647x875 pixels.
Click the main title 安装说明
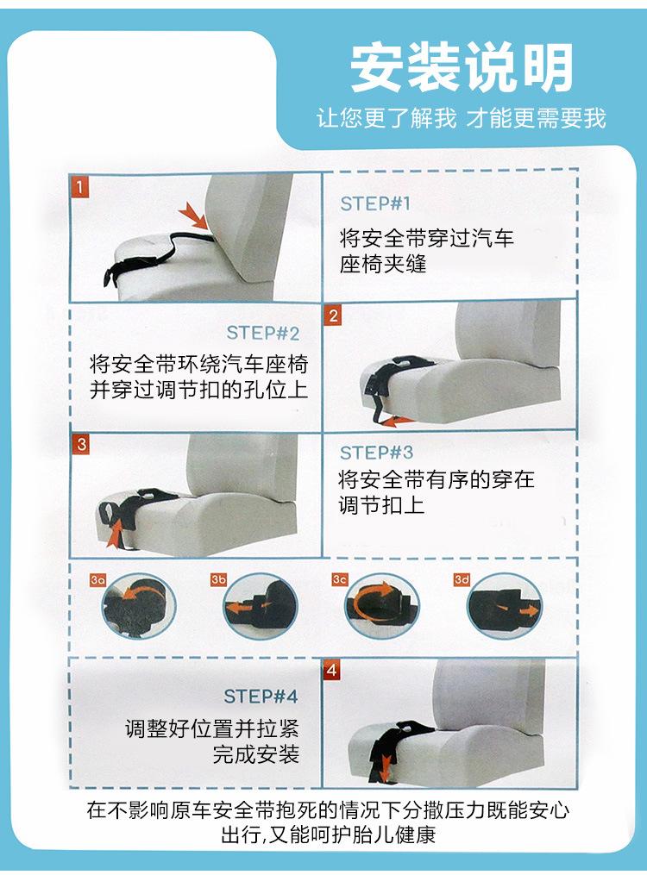coord(462,67)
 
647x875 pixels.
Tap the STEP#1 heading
coord(375,203)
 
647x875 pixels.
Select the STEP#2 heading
coord(262,333)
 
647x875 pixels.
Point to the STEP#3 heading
coord(376,453)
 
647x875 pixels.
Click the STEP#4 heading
coord(261,697)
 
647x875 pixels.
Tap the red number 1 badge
coord(80,186)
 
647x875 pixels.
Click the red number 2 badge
coord(333,316)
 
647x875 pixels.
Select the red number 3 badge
coord(81,444)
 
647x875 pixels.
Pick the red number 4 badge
coord(332,670)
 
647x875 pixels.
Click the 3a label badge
coord(97,580)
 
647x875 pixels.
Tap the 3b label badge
coord(218,580)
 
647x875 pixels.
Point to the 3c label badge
coord(339,580)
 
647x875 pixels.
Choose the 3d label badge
coord(462,580)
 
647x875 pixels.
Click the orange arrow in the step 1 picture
coord(194,216)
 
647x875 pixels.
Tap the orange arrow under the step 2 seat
coord(396,422)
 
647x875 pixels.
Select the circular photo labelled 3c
coord(381,606)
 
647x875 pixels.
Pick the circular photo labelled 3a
coord(139,606)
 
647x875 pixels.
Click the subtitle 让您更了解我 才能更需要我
coord(462,118)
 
